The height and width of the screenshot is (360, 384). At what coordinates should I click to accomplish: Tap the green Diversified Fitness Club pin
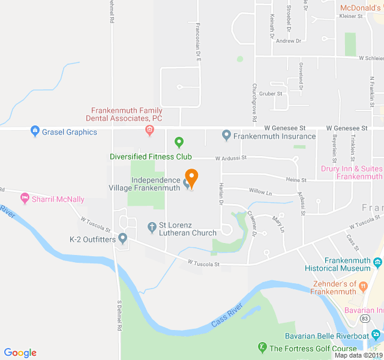click(178, 142)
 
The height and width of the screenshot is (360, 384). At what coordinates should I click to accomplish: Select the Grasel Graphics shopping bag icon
click(35, 131)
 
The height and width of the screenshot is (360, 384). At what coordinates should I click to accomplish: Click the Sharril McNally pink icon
click(25, 197)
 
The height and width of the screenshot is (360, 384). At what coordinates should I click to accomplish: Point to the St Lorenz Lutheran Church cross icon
click(152, 227)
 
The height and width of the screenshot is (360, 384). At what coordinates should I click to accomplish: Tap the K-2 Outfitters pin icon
click(123, 239)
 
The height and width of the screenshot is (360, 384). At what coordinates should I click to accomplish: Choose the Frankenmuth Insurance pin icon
click(226, 136)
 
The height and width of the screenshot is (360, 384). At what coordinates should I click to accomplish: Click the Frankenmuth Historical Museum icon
click(377, 262)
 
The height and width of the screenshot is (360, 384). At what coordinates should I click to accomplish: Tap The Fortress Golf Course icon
click(262, 347)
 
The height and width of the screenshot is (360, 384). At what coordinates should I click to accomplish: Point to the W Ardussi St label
click(231, 158)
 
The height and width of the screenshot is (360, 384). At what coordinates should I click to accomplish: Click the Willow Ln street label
click(260, 193)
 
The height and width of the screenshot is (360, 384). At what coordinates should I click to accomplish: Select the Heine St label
click(296, 179)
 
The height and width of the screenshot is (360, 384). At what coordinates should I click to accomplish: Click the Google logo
click(20, 353)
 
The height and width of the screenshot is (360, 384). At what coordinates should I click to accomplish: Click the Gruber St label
click(271, 94)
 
